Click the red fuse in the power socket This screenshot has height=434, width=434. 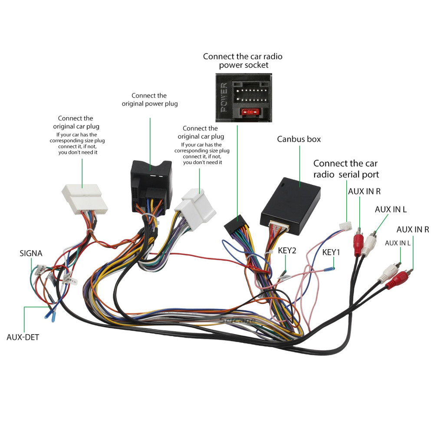click(250, 112)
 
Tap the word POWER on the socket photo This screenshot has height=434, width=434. click(224, 97)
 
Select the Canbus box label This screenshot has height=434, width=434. click(299, 139)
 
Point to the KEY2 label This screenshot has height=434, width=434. click(287, 250)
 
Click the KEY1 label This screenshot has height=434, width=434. click(331, 252)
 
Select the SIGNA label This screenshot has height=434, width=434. click(31, 253)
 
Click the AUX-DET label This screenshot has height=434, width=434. click(23, 337)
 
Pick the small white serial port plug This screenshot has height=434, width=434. click(346, 226)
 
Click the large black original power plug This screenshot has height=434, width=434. click(151, 187)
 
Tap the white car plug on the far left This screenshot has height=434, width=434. click(84, 199)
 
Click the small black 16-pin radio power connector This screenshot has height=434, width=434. click(237, 224)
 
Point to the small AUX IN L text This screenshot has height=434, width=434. click(398, 243)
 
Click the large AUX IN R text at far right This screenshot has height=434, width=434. click(413, 230)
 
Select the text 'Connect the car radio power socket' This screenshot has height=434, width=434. click(243, 61)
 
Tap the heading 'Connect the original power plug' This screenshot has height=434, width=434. click(149, 100)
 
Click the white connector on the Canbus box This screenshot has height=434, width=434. click(279, 226)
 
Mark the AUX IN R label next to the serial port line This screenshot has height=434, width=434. click(364, 191)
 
